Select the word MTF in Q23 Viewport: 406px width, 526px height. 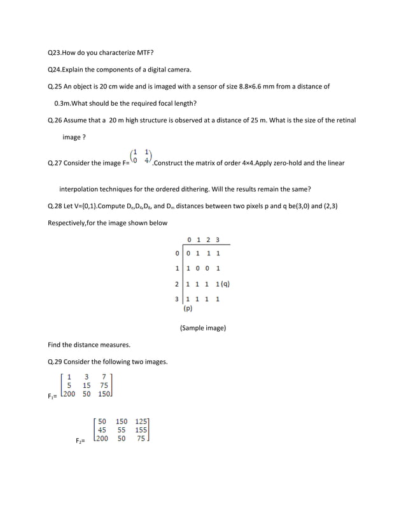pyautogui.click(x=146, y=52)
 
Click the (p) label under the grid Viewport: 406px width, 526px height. pyautogui.click(x=188, y=308)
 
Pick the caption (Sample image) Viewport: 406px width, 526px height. pyautogui.click(x=202, y=328)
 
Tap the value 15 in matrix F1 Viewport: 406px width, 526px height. pyautogui.click(x=87, y=385)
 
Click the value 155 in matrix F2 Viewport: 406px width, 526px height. pyautogui.click(x=141, y=430)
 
